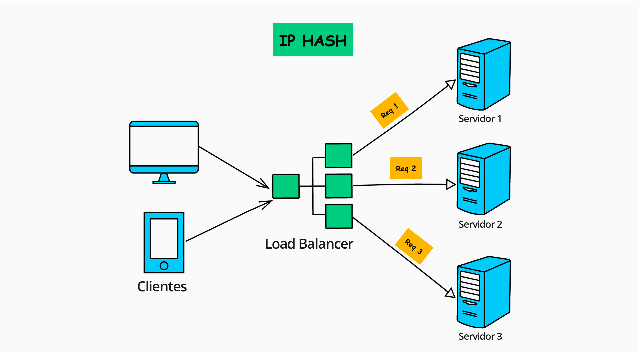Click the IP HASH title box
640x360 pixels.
pyautogui.click(x=313, y=40)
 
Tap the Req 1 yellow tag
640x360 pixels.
pyautogui.click(x=389, y=110)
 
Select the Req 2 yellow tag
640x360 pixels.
pyautogui.click(x=406, y=168)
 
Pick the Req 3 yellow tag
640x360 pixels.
pyautogui.click(x=414, y=246)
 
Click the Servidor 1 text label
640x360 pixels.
pyautogui.click(x=480, y=119)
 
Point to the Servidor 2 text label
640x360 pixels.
pyautogui.click(x=480, y=224)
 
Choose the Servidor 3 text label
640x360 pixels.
pyautogui.click(x=480, y=336)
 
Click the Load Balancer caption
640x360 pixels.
pyautogui.click(x=309, y=244)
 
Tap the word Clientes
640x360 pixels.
pyautogui.click(x=162, y=286)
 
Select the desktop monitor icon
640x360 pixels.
pyautogui.click(x=164, y=147)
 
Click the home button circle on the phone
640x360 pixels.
pyautogui.click(x=164, y=266)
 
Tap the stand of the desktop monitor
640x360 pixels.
pyautogui.click(x=164, y=178)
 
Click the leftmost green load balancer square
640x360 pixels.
pyautogui.click(x=286, y=186)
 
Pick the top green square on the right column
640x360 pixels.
pyautogui.click(x=339, y=156)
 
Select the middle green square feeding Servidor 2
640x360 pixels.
pyautogui.click(x=339, y=186)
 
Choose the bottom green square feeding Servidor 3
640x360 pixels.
pyautogui.click(x=339, y=216)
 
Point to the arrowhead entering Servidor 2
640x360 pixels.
pyautogui.click(x=451, y=184)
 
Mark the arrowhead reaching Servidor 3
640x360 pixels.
pyautogui.click(x=450, y=293)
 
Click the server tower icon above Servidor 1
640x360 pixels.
pyautogui.click(x=484, y=74)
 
